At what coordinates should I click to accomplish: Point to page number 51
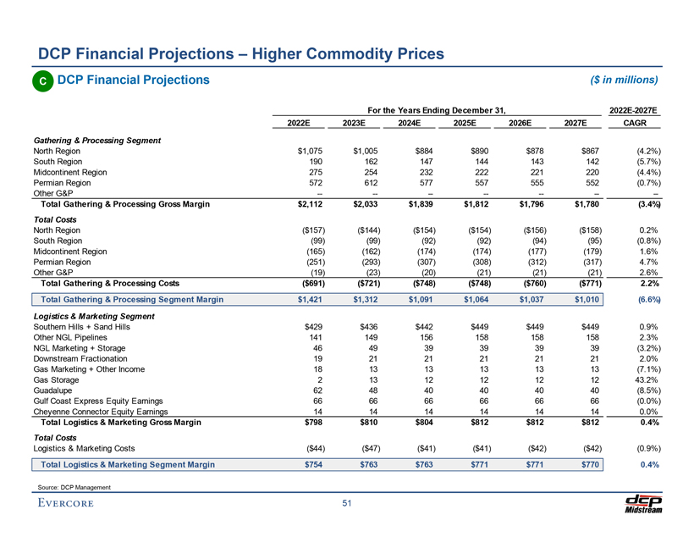pyautogui.click(x=346, y=506)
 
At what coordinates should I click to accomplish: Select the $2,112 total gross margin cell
pyautogui.click(x=298, y=206)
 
